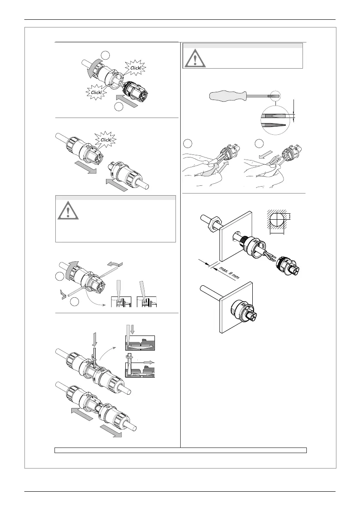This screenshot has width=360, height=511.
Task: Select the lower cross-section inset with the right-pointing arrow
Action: pos(139,365)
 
